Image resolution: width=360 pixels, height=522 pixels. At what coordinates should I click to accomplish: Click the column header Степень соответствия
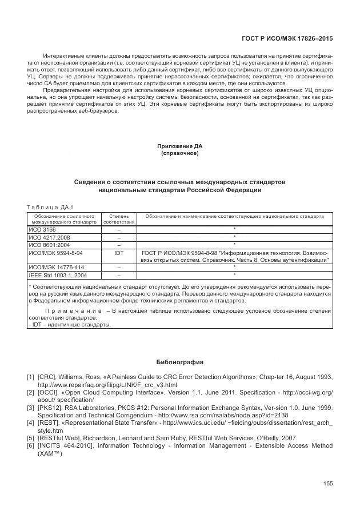point(119,219)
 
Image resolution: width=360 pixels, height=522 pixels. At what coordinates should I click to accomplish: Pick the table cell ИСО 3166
point(40,229)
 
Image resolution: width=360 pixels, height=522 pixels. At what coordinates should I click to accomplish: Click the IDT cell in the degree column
point(119,252)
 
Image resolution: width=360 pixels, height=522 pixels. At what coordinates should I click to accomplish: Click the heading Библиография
point(180,362)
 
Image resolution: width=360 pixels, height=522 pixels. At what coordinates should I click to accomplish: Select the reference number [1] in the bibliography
point(30,377)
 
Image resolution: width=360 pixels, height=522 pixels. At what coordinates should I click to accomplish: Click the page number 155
point(327,484)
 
